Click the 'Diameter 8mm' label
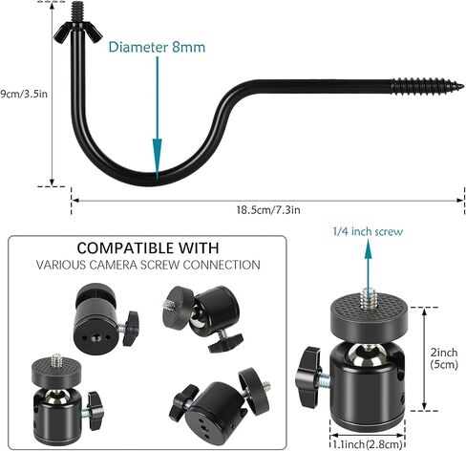[157, 47]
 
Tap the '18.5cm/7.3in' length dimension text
[268, 210]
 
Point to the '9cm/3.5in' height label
[24, 94]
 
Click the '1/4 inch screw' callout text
[368, 231]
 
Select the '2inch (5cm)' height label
[444, 358]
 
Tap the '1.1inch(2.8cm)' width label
[368, 444]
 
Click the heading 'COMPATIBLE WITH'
[148, 247]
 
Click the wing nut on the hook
[78, 32]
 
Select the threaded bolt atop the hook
[78, 11]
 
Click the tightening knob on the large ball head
[308, 377]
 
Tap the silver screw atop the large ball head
[369, 298]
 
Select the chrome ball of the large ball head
[367, 354]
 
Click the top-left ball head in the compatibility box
[106, 314]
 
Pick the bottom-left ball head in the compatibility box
[67, 398]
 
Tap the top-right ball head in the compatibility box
[203, 318]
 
